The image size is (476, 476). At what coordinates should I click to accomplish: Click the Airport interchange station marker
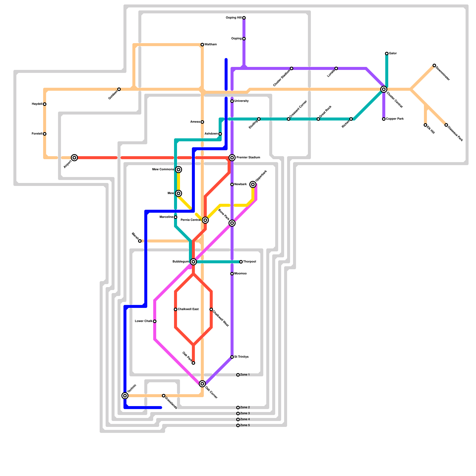[74, 158]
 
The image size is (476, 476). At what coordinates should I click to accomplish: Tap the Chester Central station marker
[384, 89]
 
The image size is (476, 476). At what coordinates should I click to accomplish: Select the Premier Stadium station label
[248, 158]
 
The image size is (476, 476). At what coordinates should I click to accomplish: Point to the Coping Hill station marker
[244, 18]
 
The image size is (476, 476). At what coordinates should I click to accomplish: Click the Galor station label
[393, 54]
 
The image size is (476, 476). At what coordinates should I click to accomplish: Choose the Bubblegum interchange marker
[193, 262]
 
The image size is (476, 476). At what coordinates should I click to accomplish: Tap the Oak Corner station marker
[202, 384]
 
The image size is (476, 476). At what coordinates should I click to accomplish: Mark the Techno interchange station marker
[125, 396]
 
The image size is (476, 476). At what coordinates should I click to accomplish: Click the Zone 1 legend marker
[238, 375]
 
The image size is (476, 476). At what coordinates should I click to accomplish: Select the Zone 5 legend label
[245, 425]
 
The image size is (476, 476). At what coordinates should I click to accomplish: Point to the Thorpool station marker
[241, 262]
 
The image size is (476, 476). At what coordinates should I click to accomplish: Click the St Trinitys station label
[241, 357]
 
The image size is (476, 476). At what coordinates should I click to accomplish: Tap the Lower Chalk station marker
[155, 321]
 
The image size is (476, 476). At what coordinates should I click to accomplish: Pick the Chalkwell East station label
[188, 309]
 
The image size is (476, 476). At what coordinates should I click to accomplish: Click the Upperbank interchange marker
[253, 184]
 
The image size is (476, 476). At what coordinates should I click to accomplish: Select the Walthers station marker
[202, 45]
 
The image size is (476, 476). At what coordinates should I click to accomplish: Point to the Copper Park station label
[395, 119]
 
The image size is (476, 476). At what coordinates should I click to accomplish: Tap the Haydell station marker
[45, 104]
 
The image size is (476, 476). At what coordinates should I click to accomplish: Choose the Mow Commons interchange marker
[178, 170]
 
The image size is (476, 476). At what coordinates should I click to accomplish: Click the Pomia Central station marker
[205, 220]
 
